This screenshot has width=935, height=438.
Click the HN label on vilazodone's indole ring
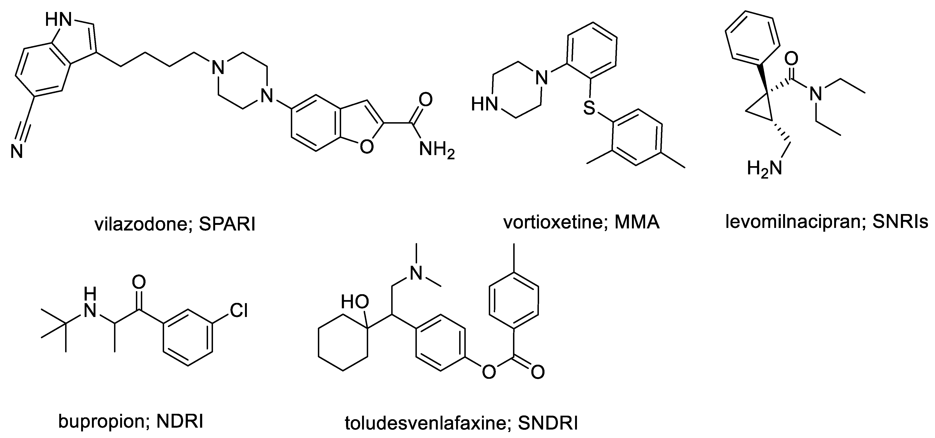[x=58, y=20]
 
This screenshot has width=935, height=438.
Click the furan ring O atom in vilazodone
[x=366, y=146]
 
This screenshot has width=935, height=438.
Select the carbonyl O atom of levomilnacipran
[x=793, y=58]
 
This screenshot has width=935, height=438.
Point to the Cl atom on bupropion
[x=239, y=311]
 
